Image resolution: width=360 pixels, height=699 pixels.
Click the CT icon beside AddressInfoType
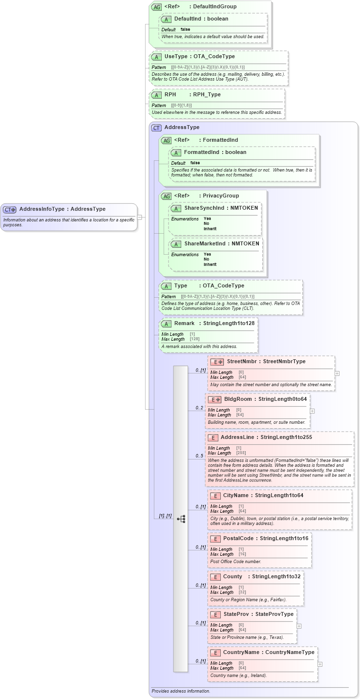[10, 209]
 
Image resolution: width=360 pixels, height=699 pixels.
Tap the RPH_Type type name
[207, 95]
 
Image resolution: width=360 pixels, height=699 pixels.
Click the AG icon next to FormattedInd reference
[167, 140]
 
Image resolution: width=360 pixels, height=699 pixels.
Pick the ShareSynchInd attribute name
[204, 208]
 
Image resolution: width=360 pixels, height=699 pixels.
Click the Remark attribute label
[184, 323]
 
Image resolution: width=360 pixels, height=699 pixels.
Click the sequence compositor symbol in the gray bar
[181, 519]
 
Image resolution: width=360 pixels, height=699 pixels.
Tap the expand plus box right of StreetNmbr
[337, 373]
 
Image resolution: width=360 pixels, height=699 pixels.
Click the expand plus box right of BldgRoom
[312, 411]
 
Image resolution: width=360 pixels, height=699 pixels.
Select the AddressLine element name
[237, 437]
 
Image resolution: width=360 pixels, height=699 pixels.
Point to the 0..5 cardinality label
[199, 456]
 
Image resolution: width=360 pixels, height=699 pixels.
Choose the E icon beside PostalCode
[215, 539]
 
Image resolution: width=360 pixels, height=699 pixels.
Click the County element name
[233, 577]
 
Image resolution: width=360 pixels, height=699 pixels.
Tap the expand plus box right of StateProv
[299, 626]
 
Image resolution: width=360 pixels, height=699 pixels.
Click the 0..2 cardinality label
[199, 408]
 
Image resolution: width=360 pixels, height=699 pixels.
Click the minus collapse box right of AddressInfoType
[140, 217]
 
